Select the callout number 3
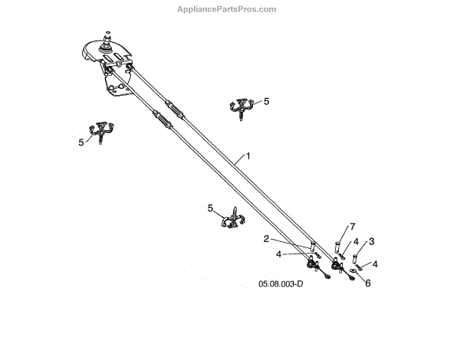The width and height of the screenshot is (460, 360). (371, 241)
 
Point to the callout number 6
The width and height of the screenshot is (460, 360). (367, 283)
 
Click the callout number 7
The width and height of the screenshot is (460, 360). (353, 226)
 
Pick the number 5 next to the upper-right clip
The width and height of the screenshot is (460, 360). (266, 100)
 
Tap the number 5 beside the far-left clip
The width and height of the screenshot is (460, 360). (81, 142)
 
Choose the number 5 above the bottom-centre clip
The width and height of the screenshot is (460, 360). (210, 208)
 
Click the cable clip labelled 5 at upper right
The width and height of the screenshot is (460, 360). (243, 108)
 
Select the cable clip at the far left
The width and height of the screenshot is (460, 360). (101, 132)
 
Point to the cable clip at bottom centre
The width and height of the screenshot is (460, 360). (231, 220)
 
